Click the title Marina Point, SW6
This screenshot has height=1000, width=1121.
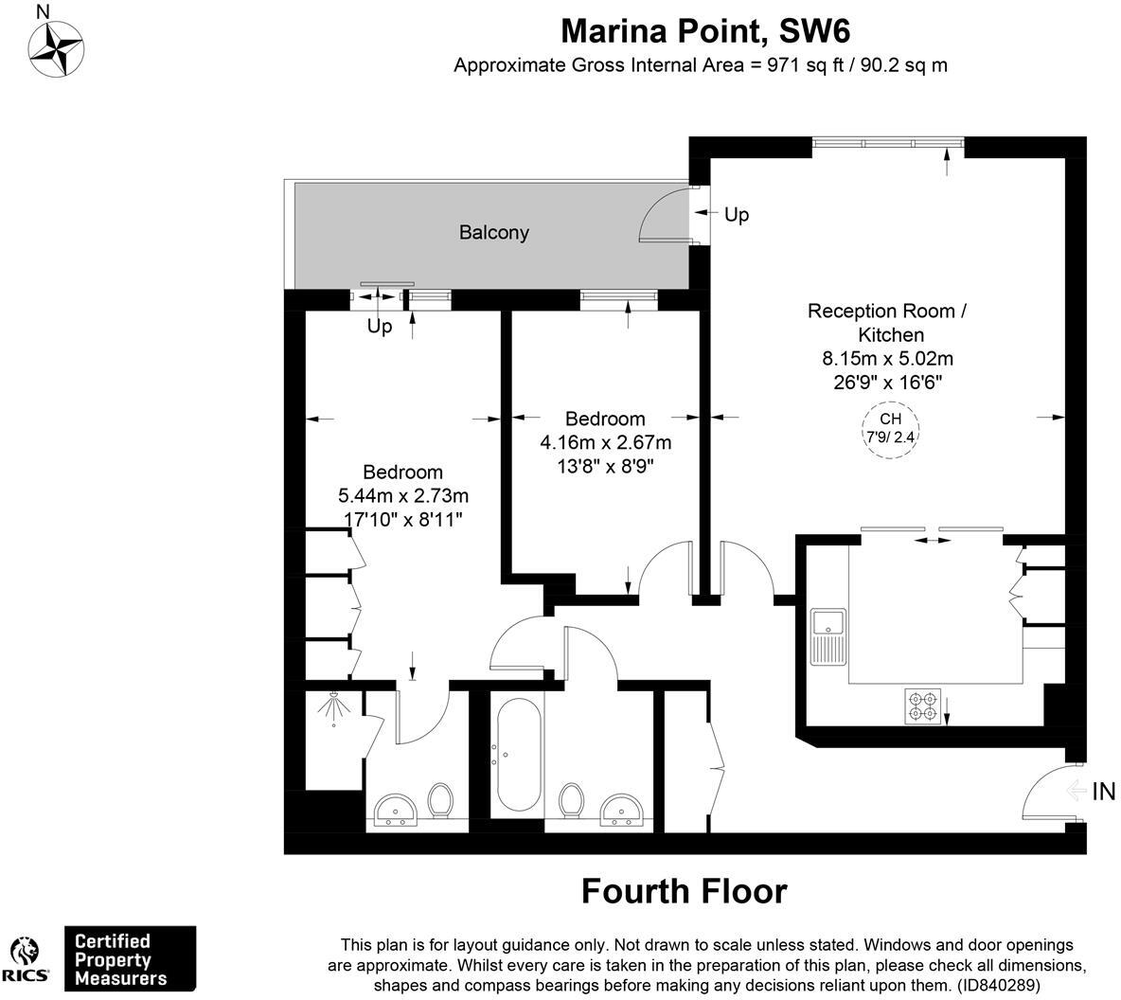click(x=705, y=30)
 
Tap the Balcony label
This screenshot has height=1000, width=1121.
click(x=493, y=232)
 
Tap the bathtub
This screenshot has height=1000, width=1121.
click(x=517, y=755)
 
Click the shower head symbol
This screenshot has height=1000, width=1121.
click(x=333, y=708)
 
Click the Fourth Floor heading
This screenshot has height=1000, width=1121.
click(x=684, y=891)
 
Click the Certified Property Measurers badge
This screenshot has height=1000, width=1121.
click(x=129, y=959)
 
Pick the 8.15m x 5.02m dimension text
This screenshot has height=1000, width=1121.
click(x=886, y=359)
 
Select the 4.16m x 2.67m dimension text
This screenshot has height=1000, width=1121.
click(x=605, y=442)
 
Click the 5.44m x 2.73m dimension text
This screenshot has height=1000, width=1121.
click(x=403, y=495)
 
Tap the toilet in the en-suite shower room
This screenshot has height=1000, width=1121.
click(x=439, y=800)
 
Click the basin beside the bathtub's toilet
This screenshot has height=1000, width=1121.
click(x=622, y=810)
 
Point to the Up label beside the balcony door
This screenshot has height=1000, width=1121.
click(x=736, y=215)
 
